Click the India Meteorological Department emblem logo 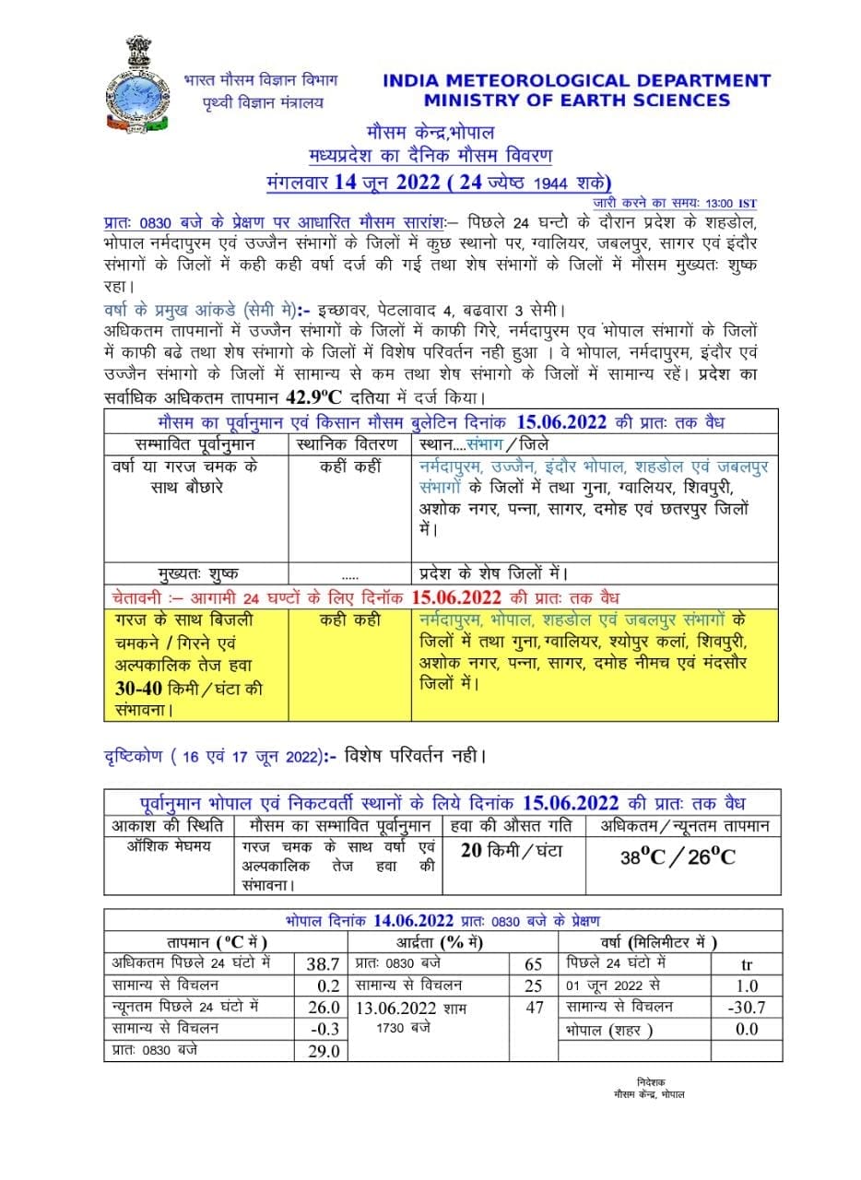pyautogui.click(x=138, y=84)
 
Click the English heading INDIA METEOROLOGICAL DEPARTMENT pyautogui.click(x=576, y=80)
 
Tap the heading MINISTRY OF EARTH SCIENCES pyautogui.click(x=577, y=100)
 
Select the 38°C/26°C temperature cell pyautogui.click(x=678, y=856)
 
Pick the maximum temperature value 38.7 pyautogui.click(x=323, y=964)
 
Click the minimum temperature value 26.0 pyautogui.click(x=323, y=1008)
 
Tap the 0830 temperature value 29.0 pyautogui.click(x=323, y=1051)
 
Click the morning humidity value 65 pyautogui.click(x=534, y=964)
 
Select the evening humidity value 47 pyautogui.click(x=534, y=1008)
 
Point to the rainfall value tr pyautogui.click(x=747, y=964)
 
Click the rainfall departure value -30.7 pyautogui.click(x=747, y=1008)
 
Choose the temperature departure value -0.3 pyautogui.click(x=323, y=1029)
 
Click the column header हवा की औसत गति pyautogui.click(x=513, y=826)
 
